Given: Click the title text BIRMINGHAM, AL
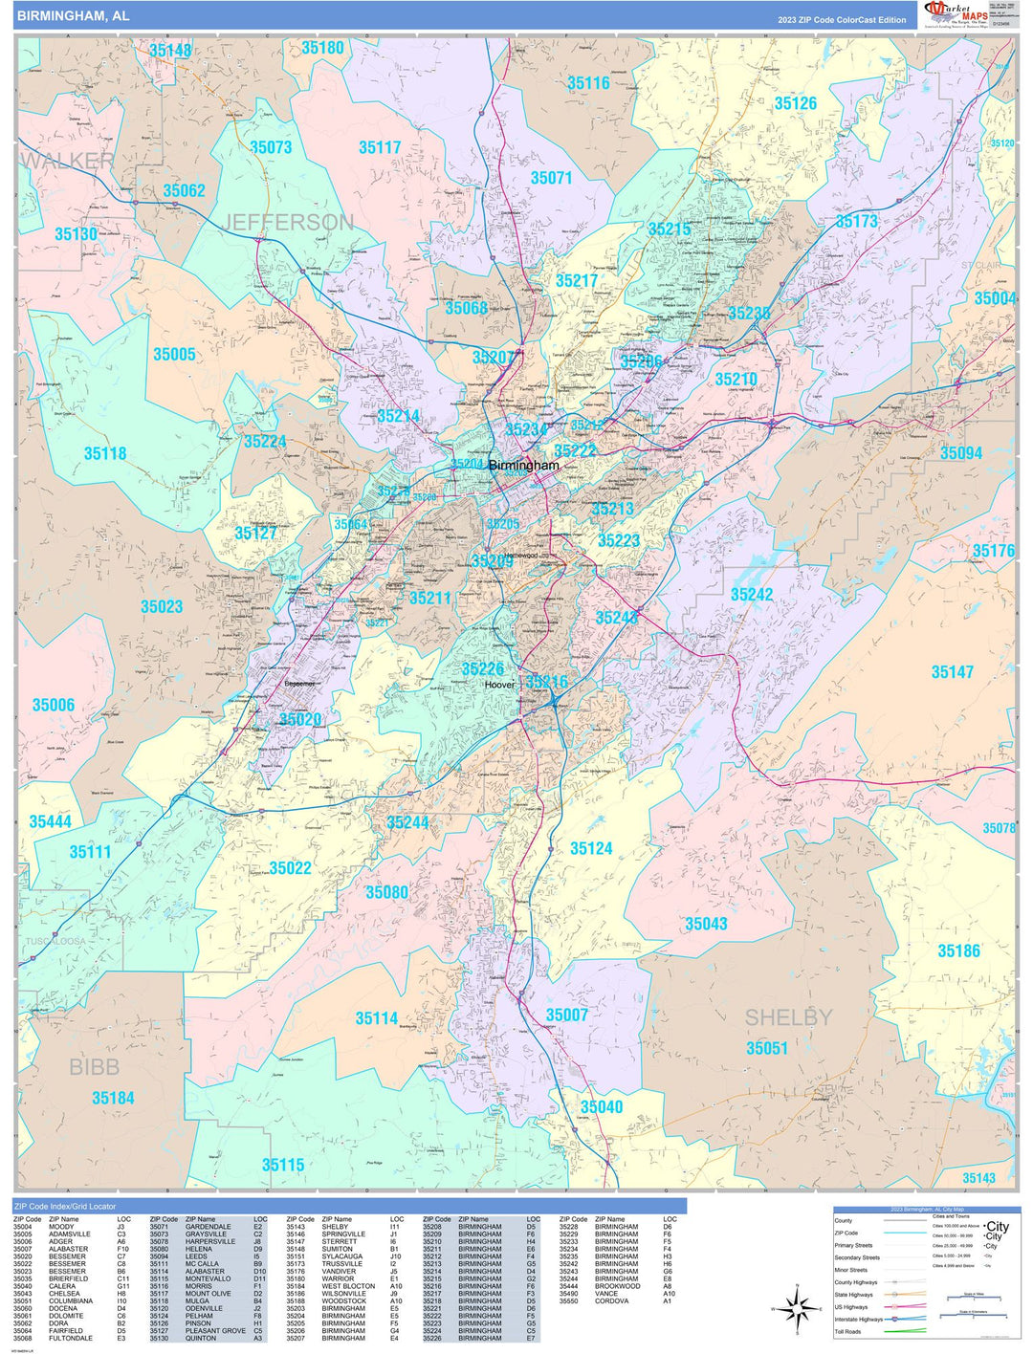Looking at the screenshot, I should [x=73, y=16].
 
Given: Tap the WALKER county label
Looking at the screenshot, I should [x=67, y=161].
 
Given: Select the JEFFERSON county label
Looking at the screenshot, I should [x=288, y=223].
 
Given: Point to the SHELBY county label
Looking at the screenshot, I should [x=788, y=1017].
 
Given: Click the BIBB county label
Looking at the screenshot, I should [x=94, y=1067].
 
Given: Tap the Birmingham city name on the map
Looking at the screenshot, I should [x=523, y=466].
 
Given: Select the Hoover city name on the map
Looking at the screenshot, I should [x=499, y=685].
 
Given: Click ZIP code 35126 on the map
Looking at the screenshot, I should [x=795, y=103].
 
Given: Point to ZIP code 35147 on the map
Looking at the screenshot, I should [x=952, y=672].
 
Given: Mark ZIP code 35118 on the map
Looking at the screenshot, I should [x=105, y=453].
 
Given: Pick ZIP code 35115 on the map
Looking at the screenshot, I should [x=283, y=1165].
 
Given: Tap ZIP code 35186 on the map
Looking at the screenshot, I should [x=958, y=950].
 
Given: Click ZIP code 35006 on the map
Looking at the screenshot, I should [x=54, y=705].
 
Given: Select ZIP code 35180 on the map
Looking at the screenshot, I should [x=322, y=48].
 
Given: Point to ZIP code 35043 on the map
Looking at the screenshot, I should [x=706, y=924].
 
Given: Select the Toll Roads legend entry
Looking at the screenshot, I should [x=847, y=1331].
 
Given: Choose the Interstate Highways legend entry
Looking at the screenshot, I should [x=858, y=1319].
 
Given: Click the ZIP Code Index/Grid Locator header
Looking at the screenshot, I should [x=65, y=1207].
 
